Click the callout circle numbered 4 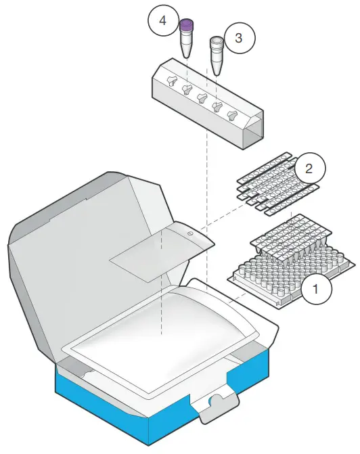[162, 20]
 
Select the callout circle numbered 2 [309, 168]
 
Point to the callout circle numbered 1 [315, 292]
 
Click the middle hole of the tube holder [201, 98]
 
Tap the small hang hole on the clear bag [190, 233]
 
